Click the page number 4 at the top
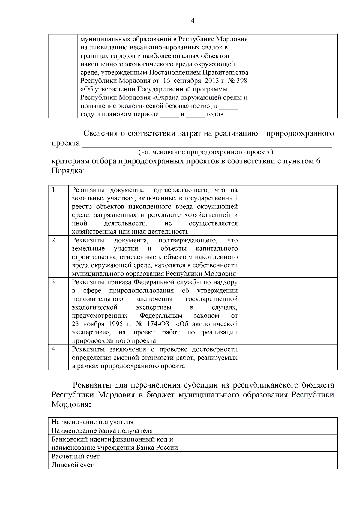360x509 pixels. pyautogui.click(x=193, y=21)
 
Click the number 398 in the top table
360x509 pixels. pyautogui.click(x=242, y=81)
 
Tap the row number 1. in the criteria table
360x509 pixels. pyautogui.click(x=54, y=190)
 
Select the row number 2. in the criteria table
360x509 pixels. pyautogui.click(x=54, y=240)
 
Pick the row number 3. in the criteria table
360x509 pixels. pyautogui.click(x=54, y=282)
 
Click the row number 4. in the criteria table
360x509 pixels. pyautogui.click(x=54, y=349)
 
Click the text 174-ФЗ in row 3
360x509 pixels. pyautogui.click(x=158, y=324)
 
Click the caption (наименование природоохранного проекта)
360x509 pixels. pyautogui.click(x=206, y=152)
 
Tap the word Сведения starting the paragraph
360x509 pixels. pyautogui.click(x=100, y=133)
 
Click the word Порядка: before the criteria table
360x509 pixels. pyautogui.click(x=67, y=171)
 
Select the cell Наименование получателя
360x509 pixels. pyautogui.click(x=92, y=422)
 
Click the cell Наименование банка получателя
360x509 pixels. pyautogui.click(x=102, y=430)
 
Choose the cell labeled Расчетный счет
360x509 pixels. pyautogui.click(x=76, y=456)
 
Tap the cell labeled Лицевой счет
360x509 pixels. pyautogui.click(x=72, y=465)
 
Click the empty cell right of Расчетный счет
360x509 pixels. pyautogui.click(x=265, y=456)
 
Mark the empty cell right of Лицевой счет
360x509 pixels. pyautogui.click(x=265, y=465)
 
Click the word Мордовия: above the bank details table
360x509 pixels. pyautogui.click(x=71, y=405)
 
